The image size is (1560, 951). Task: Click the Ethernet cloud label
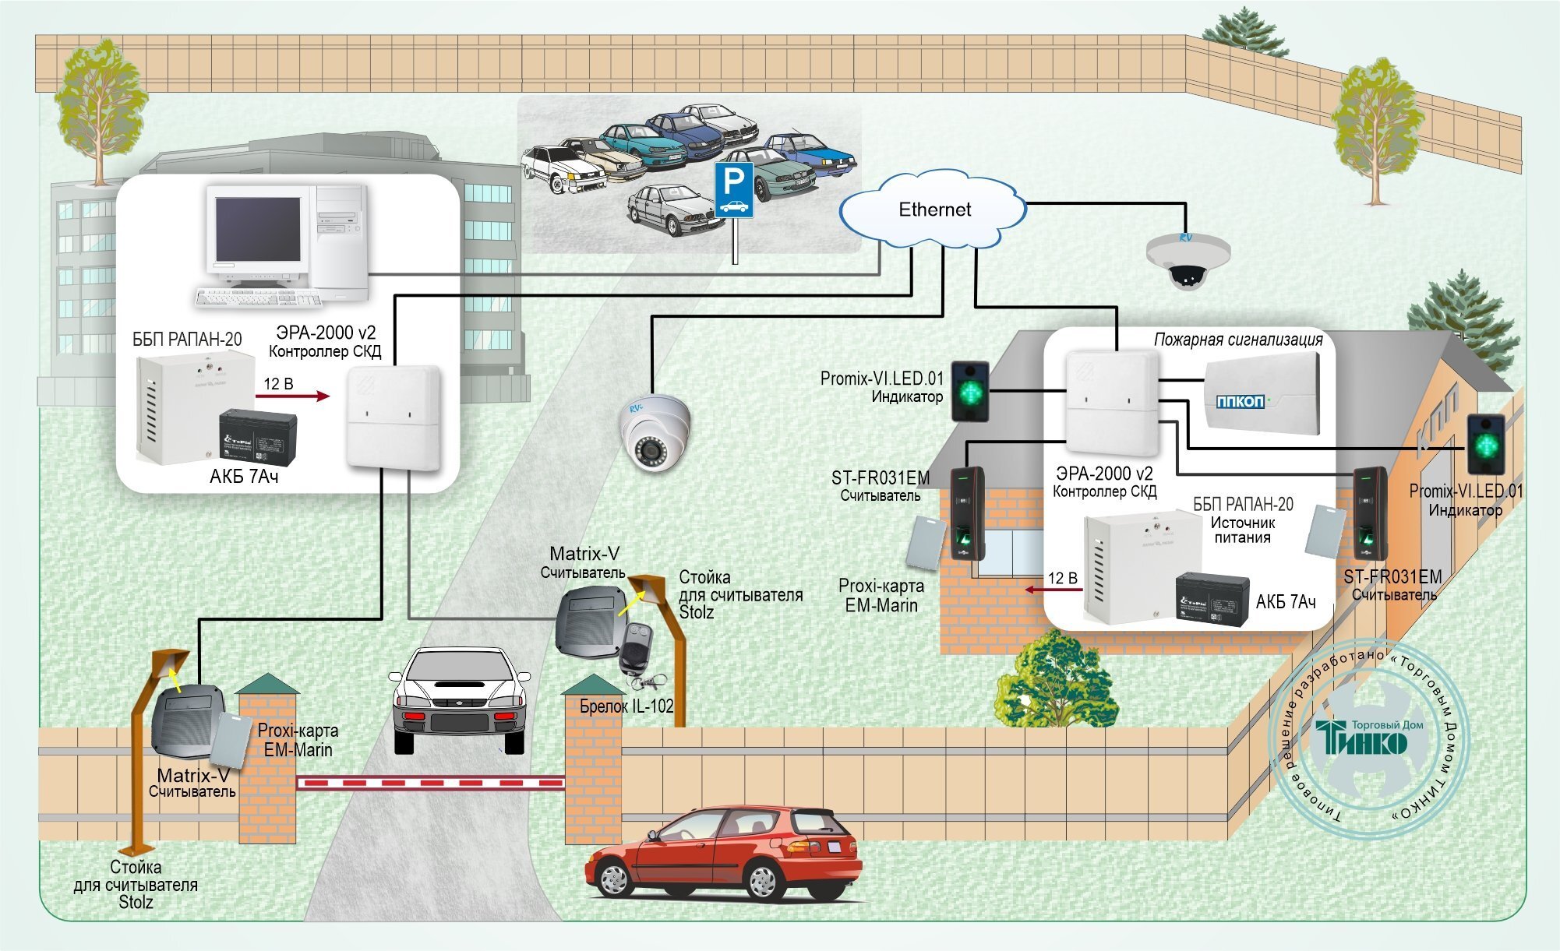pos(934,210)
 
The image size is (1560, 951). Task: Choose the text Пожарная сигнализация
pos(1238,340)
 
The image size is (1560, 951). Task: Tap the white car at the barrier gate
pos(459,698)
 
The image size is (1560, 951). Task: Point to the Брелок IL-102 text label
pos(626,706)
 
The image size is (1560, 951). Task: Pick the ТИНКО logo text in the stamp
pos(1361,738)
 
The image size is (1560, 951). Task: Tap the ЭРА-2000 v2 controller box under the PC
pos(394,417)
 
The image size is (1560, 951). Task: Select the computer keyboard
pos(258,298)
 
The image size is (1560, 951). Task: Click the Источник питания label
pos(1242,530)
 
